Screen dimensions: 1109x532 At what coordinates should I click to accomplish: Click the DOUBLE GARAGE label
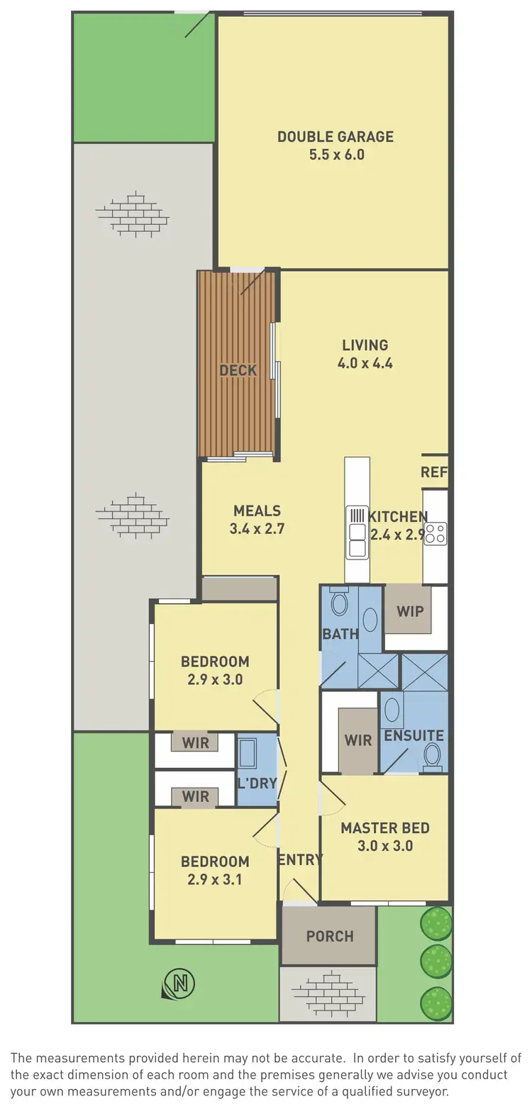click(x=336, y=136)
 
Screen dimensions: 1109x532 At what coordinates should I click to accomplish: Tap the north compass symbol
click(x=179, y=982)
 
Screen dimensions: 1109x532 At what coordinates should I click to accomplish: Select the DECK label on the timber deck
click(x=238, y=370)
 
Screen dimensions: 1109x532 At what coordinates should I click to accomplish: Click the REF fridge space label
click(x=434, y=472)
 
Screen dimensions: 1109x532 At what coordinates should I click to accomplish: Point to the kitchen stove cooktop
click(x=436, y=533)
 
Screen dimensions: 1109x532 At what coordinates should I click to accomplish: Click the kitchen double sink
click(x=356, y=532)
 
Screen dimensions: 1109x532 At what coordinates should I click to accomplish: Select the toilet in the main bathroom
click(x=340, y=604)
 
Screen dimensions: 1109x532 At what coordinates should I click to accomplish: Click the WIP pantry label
click(x=409, y=611)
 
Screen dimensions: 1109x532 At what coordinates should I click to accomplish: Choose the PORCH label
click(x=330, y=936)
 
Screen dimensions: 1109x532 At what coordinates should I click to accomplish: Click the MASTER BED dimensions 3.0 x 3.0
click(x=385, y=846)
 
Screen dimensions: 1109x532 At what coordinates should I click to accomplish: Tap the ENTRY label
click(x=300, y=859)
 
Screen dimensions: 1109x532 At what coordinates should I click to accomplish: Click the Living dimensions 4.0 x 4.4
click(x=365, y=363)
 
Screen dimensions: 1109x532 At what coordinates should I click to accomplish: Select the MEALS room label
click(x=257, y=511)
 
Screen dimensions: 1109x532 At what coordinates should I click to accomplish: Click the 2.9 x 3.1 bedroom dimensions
click(x=215, y=880)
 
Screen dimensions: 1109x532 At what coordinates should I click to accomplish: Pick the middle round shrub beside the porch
click(x=436, y=962)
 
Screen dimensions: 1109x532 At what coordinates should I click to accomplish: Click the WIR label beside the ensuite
click(x=358, y=740)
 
